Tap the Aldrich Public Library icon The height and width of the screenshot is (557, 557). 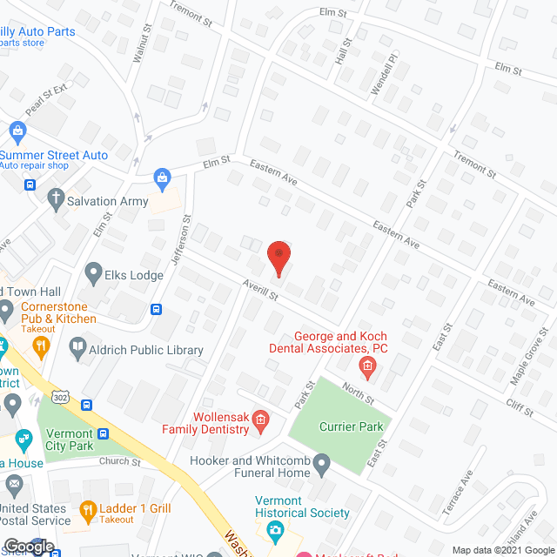coord(77,350)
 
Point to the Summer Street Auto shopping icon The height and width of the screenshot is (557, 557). coord(17,131)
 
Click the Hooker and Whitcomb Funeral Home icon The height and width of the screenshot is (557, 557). coord(322,462)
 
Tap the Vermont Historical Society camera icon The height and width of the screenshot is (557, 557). coord(277,530)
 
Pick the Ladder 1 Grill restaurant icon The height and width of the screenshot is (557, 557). coord(87,510)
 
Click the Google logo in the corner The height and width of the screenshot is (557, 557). coord(29,547)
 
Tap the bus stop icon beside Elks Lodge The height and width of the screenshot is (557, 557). coord(157,308)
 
